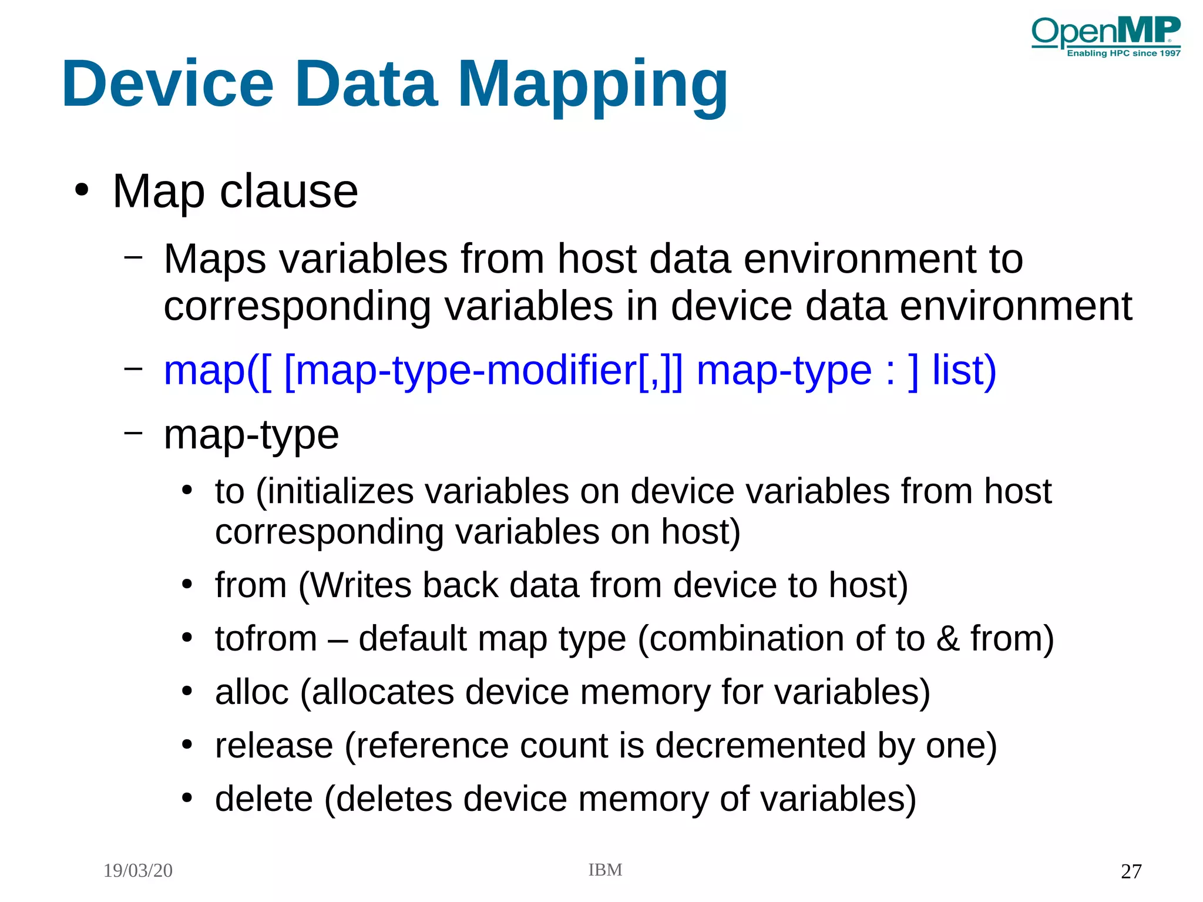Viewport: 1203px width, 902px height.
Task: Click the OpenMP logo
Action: pos(1105,36)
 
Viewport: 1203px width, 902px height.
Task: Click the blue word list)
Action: pos(964,371)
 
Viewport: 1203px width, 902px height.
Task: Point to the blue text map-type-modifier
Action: pos(459,371)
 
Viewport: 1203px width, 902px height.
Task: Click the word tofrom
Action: pos(266,638)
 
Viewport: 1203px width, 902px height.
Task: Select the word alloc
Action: pos(251,692)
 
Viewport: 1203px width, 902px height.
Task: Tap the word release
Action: pos(274,745)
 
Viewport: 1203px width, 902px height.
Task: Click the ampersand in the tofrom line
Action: pos(947,638)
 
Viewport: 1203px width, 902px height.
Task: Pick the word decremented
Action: pos(760,745)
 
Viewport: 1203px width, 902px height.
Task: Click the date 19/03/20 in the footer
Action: pos(138,870)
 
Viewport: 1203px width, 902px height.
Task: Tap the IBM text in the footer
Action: pos(605,870)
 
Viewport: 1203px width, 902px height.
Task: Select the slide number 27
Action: pos(1131,871)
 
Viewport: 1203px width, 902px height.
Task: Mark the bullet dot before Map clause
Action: pos(82,190)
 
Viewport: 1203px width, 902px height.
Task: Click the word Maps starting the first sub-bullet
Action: pos(214,259)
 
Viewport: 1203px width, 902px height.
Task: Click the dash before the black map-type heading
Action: pos(133,432)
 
